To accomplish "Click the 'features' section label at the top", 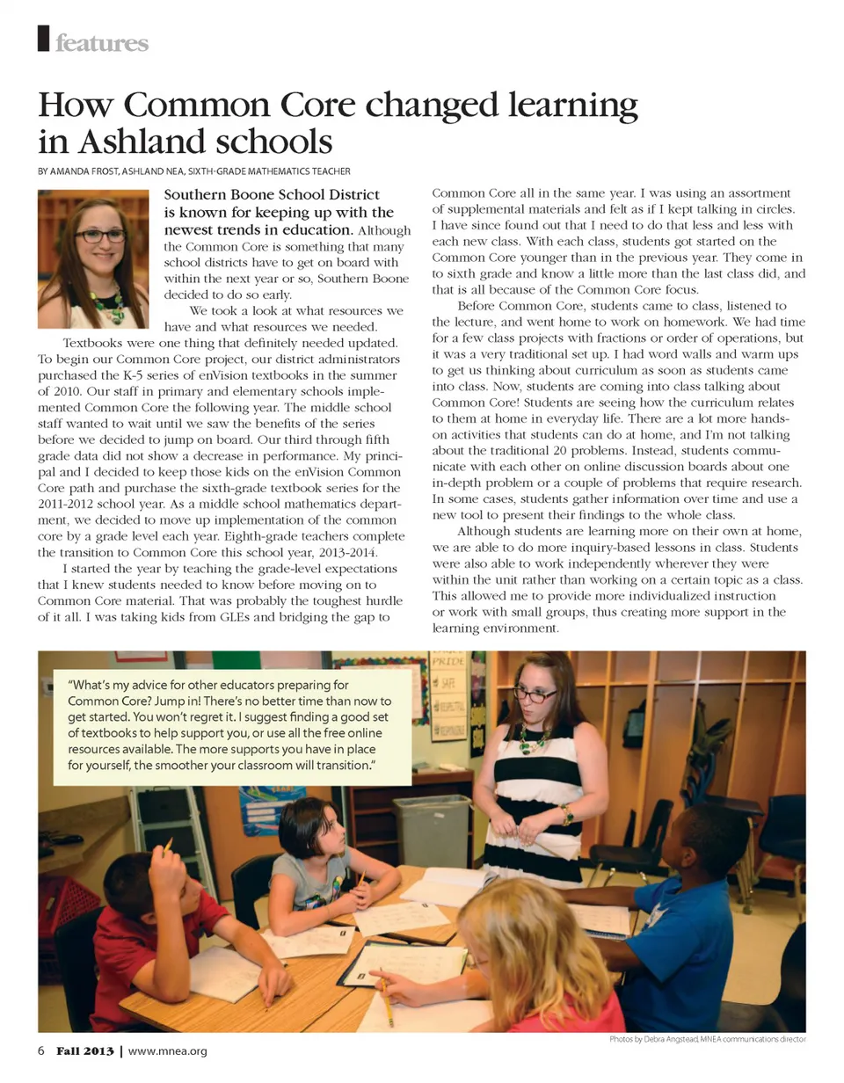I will pos(101,42).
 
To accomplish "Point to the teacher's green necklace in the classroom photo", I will pos(533,741).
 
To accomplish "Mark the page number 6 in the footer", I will pos(41,1051).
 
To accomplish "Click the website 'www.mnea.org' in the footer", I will pos(168,1051).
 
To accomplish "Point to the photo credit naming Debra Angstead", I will pos(707,1040).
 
